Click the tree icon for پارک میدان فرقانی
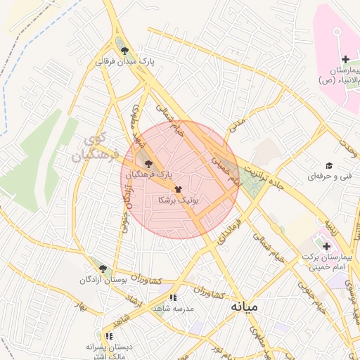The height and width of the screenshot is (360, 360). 124,51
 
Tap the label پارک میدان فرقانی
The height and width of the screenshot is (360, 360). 124,62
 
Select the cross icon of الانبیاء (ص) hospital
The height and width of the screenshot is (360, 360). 345,58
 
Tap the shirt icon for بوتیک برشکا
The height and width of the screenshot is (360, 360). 176,189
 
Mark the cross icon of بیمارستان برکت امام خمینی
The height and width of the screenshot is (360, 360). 326,246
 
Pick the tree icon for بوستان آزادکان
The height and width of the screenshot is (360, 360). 103,269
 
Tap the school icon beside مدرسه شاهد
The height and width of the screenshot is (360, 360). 172,297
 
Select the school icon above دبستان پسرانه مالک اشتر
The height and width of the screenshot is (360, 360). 108,336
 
